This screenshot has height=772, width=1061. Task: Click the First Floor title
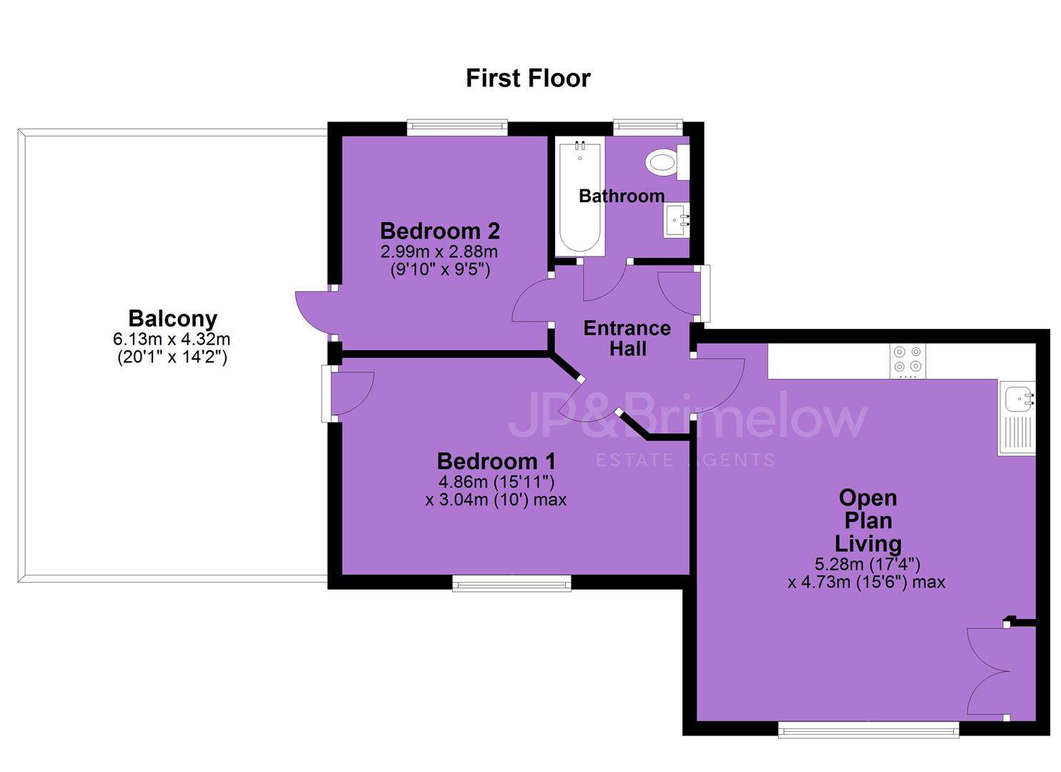tap(528, 78)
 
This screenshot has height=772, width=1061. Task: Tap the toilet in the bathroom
tap(667, 162)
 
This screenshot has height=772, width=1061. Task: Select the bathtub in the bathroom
tap(580, 196)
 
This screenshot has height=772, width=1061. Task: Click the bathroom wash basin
tap(677, 220)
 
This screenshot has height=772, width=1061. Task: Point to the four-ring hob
tap(907, 361)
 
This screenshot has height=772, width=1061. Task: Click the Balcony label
tap(173, 319)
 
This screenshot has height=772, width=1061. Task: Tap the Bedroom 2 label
tap(440, 232)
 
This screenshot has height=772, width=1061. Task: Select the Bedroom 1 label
tap(496, 461)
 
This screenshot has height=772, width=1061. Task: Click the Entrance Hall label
tap(627, 338)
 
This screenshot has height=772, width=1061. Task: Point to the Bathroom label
tap(622, 196)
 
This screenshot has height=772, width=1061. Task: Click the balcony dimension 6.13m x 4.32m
tap(172, 339)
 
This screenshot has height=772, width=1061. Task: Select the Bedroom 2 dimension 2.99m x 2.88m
tap(439, 251)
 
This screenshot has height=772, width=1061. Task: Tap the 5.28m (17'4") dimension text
tap(867, 564)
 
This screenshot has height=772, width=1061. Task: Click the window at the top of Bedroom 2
tap(457, 127)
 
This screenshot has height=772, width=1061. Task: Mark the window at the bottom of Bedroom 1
tap(512, 583)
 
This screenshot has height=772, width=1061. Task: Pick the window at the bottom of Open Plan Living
tap(869, 730)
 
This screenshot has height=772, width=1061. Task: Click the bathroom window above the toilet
tap(648, 127)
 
